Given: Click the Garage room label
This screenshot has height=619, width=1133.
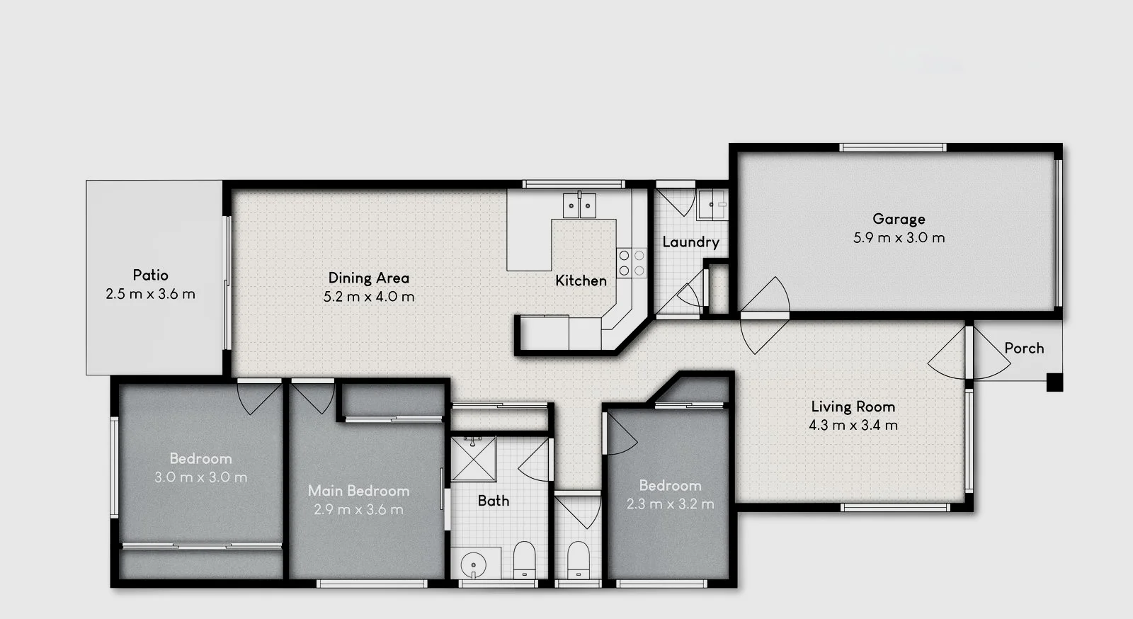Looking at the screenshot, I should click(x=899, y=219).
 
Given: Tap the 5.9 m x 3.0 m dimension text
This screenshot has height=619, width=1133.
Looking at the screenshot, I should click(x=899, y=238).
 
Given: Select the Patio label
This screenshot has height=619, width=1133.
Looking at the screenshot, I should click(x=150, y=275).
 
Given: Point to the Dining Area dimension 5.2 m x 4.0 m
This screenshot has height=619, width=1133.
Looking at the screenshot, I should click(x=369, y=297).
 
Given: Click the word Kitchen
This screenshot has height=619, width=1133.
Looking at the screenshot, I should click(x=581, y=280).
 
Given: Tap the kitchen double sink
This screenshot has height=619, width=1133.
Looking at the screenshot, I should click(x=579, y=205).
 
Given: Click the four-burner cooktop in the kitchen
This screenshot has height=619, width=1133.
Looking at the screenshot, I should click(x=632, y=262).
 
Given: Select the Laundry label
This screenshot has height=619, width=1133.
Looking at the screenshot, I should click(x=690, y=242).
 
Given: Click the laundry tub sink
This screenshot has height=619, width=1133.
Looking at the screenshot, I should click(x=711, y=205).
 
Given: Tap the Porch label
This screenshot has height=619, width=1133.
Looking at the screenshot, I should click(x=1024, y=348).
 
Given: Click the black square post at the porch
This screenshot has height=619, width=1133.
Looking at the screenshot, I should click(x=1054, y=382).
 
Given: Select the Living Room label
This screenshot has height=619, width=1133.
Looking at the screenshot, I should click(x=853, y=407).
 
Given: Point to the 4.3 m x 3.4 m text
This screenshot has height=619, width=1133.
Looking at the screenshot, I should click(x=853, y=426).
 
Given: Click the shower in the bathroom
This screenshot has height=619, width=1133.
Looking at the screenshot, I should click(x=473, y=458).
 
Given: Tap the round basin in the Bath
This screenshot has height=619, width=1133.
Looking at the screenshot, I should click(x=472, y=564).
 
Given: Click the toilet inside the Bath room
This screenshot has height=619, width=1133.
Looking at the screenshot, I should click(x=524, y=560).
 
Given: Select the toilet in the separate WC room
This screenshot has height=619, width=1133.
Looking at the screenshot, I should click(x=578, y=560).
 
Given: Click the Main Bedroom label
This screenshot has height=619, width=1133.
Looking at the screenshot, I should click(x=358, y=490).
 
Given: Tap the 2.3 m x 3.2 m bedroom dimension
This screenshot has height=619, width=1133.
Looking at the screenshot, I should click(x=670, y=504).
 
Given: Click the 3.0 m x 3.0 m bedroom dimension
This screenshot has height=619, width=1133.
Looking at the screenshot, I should click(x=200, y=477).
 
